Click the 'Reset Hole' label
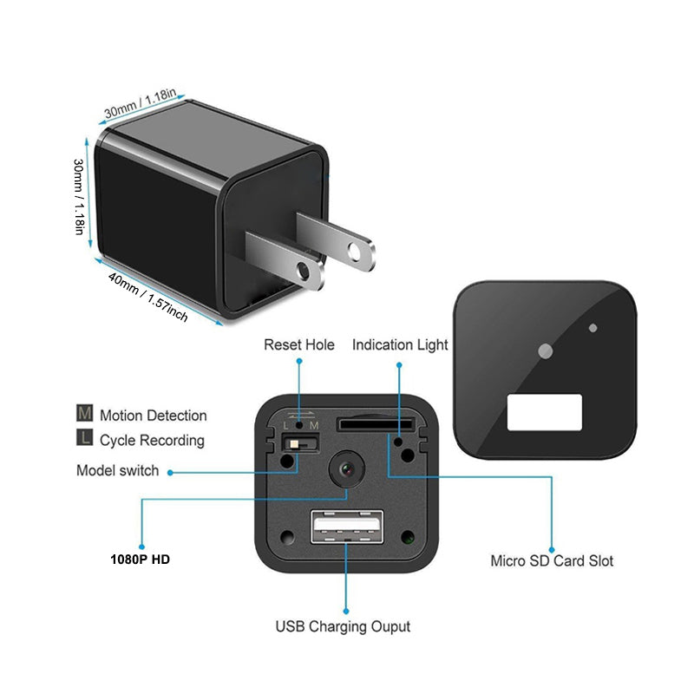[298, 345]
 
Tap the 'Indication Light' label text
[400, 345]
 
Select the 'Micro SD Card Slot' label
[552, 560]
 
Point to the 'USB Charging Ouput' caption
[343, 625]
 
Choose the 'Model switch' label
[118, 471]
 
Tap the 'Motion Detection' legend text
[153, 416]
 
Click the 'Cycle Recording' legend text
[152, 440]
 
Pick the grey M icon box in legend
[85, 415]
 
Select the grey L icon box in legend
[85, 439]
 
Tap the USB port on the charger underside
[346, 525]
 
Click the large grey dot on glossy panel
[545, 351]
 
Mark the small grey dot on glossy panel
[593, 328]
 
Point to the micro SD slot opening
[375, 424]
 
